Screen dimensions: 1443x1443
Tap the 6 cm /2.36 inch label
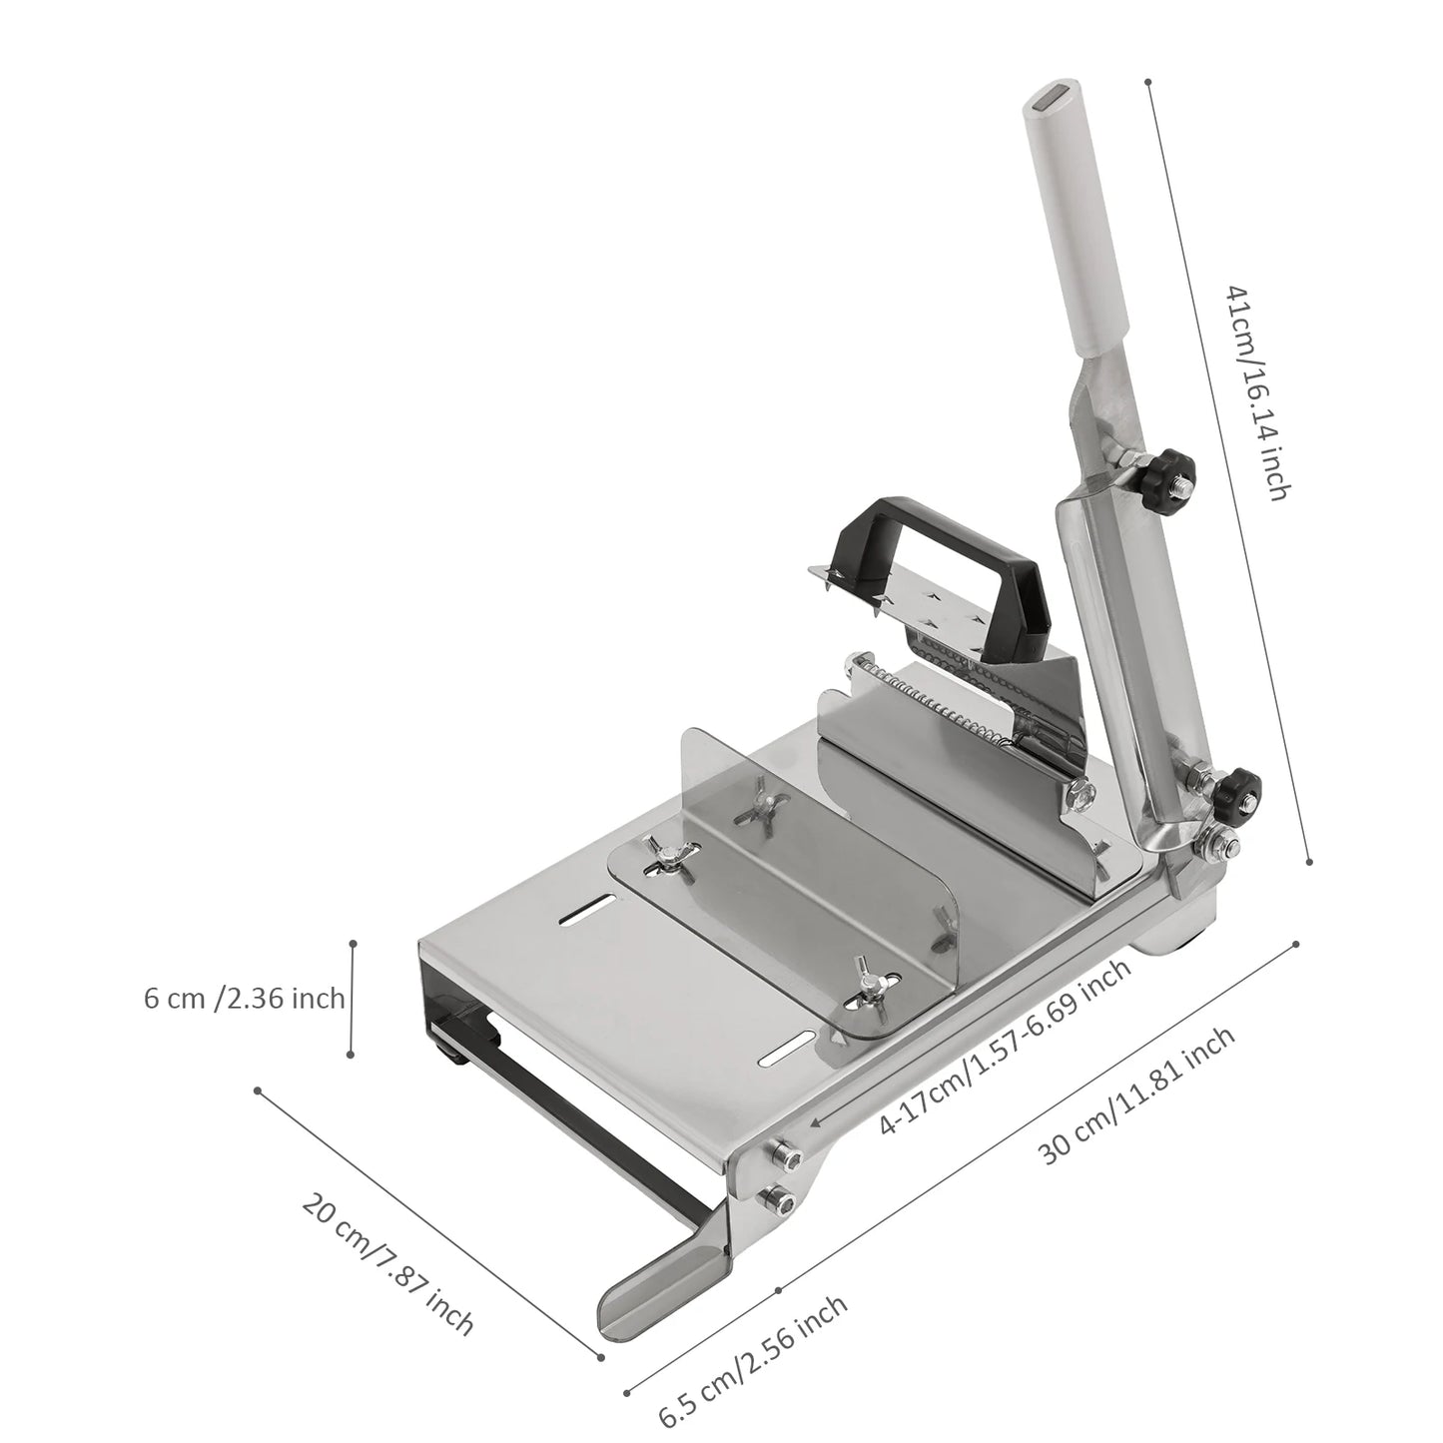[245, 998]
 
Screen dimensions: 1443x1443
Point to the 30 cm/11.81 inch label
[1137, 1095]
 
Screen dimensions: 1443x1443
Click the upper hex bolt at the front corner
[784, 1155]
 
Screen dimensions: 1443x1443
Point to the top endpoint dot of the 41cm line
[1148, 82]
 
